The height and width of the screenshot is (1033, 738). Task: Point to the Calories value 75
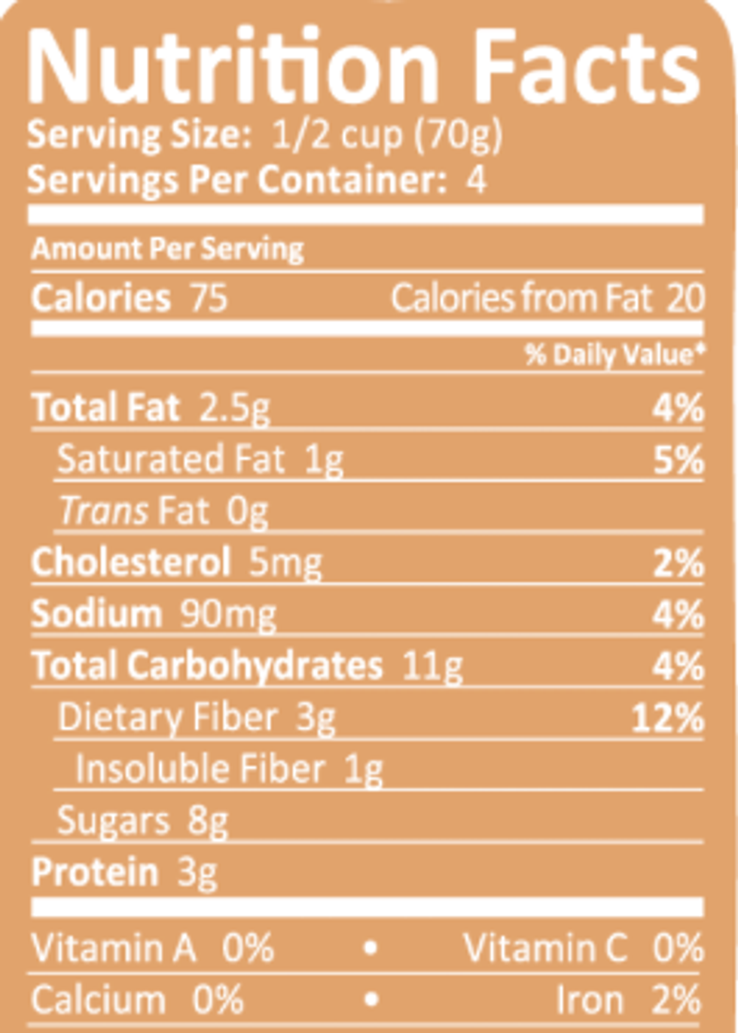point(209,298)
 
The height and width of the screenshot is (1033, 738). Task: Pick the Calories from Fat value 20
point(685,298)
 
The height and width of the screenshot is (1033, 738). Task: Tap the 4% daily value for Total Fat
point(678,409)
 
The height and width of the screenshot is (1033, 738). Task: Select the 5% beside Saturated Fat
point(678,460)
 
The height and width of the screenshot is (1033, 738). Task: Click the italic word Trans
point(104,511)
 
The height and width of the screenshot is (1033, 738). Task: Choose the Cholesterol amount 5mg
point(285,563)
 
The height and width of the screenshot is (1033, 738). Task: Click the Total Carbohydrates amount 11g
point(432,666)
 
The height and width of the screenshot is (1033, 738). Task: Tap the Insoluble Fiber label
point(200,769)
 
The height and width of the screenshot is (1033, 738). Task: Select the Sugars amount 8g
point(208,821)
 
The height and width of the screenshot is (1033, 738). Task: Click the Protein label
point(95,873)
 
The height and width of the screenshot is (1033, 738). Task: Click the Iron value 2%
point(677,1001)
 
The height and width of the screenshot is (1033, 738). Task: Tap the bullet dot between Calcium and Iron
point(370,1000)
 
